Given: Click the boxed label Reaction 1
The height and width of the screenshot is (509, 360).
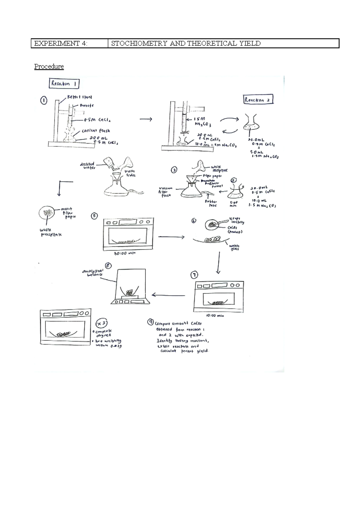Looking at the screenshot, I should (64, 83).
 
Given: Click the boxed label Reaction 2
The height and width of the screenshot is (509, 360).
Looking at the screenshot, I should (258, 100).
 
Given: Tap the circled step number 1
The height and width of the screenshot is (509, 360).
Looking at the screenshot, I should (44, 101).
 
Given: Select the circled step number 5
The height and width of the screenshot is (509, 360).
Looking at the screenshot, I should (94, 216).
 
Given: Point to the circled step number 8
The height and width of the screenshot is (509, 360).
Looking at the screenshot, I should (108, 266).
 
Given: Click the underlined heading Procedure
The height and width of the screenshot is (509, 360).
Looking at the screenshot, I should (49, 66).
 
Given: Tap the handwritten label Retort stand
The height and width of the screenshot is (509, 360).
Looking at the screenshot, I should (79, 97).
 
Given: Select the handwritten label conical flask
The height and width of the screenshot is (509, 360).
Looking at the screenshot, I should (96, 131).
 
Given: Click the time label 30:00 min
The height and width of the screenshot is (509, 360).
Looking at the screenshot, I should (125, 253).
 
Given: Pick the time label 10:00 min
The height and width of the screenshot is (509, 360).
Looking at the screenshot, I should (215, 315).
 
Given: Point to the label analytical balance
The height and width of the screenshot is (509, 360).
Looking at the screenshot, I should (93, 273).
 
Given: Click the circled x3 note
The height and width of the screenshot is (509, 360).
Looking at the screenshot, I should (101, 324).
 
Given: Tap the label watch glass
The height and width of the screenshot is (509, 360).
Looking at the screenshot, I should (234, 247).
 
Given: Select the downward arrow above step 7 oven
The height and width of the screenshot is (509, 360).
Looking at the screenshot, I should (218, 263).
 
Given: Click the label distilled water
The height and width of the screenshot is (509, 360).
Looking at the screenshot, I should (87, 166).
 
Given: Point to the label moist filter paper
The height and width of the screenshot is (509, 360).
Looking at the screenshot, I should (68, 213).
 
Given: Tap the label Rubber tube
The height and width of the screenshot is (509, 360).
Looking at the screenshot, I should (211, 203).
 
